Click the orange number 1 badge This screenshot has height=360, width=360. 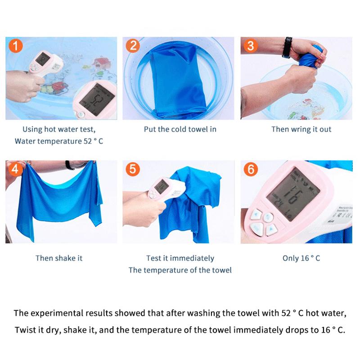16,46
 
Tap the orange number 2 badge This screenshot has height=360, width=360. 133,46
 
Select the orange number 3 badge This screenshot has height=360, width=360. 251,46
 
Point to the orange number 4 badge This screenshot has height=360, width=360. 16,169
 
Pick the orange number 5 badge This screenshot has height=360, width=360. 133,169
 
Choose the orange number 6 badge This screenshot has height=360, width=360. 251,169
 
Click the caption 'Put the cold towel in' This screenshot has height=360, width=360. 180,129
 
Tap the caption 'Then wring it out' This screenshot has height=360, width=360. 301,129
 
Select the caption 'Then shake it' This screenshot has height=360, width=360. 59,258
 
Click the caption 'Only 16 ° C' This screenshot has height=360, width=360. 301,258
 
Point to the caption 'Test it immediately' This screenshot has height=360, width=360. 180,258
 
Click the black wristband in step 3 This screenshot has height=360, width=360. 287,47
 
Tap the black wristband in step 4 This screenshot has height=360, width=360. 70,165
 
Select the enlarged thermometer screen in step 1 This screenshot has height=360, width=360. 97,99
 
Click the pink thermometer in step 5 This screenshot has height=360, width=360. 166,189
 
